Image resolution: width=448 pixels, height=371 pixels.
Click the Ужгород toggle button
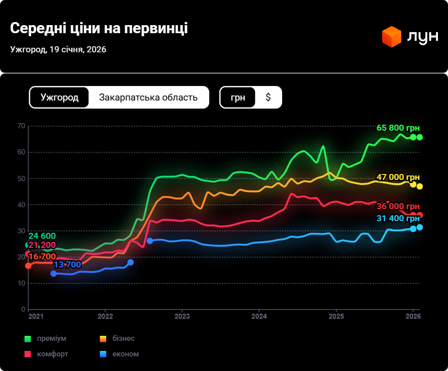(59, 98)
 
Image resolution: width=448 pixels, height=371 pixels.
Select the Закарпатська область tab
(148, 98)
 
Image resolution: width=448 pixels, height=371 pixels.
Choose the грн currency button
(238, 98)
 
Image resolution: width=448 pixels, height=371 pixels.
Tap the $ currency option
(268, 98)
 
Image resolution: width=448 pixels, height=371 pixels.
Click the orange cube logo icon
(391, 37)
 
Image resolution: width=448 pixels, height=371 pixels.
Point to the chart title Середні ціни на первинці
(99, 28)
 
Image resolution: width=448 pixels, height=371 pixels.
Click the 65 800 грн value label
(398, 128)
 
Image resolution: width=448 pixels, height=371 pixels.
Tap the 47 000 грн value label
(398, 177)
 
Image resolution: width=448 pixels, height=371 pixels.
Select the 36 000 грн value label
(398, 207)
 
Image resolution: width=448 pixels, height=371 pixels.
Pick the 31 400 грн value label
(398, 218)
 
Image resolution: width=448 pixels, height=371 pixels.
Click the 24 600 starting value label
(42, 236)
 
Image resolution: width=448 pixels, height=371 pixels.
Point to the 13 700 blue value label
(67, 264)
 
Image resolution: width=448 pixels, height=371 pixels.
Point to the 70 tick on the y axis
(21, 126)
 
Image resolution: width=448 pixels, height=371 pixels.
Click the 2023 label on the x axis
(182, 316)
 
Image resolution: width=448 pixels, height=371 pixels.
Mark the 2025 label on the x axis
(336, 316)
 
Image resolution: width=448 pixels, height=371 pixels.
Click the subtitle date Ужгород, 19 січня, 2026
(58, 49)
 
